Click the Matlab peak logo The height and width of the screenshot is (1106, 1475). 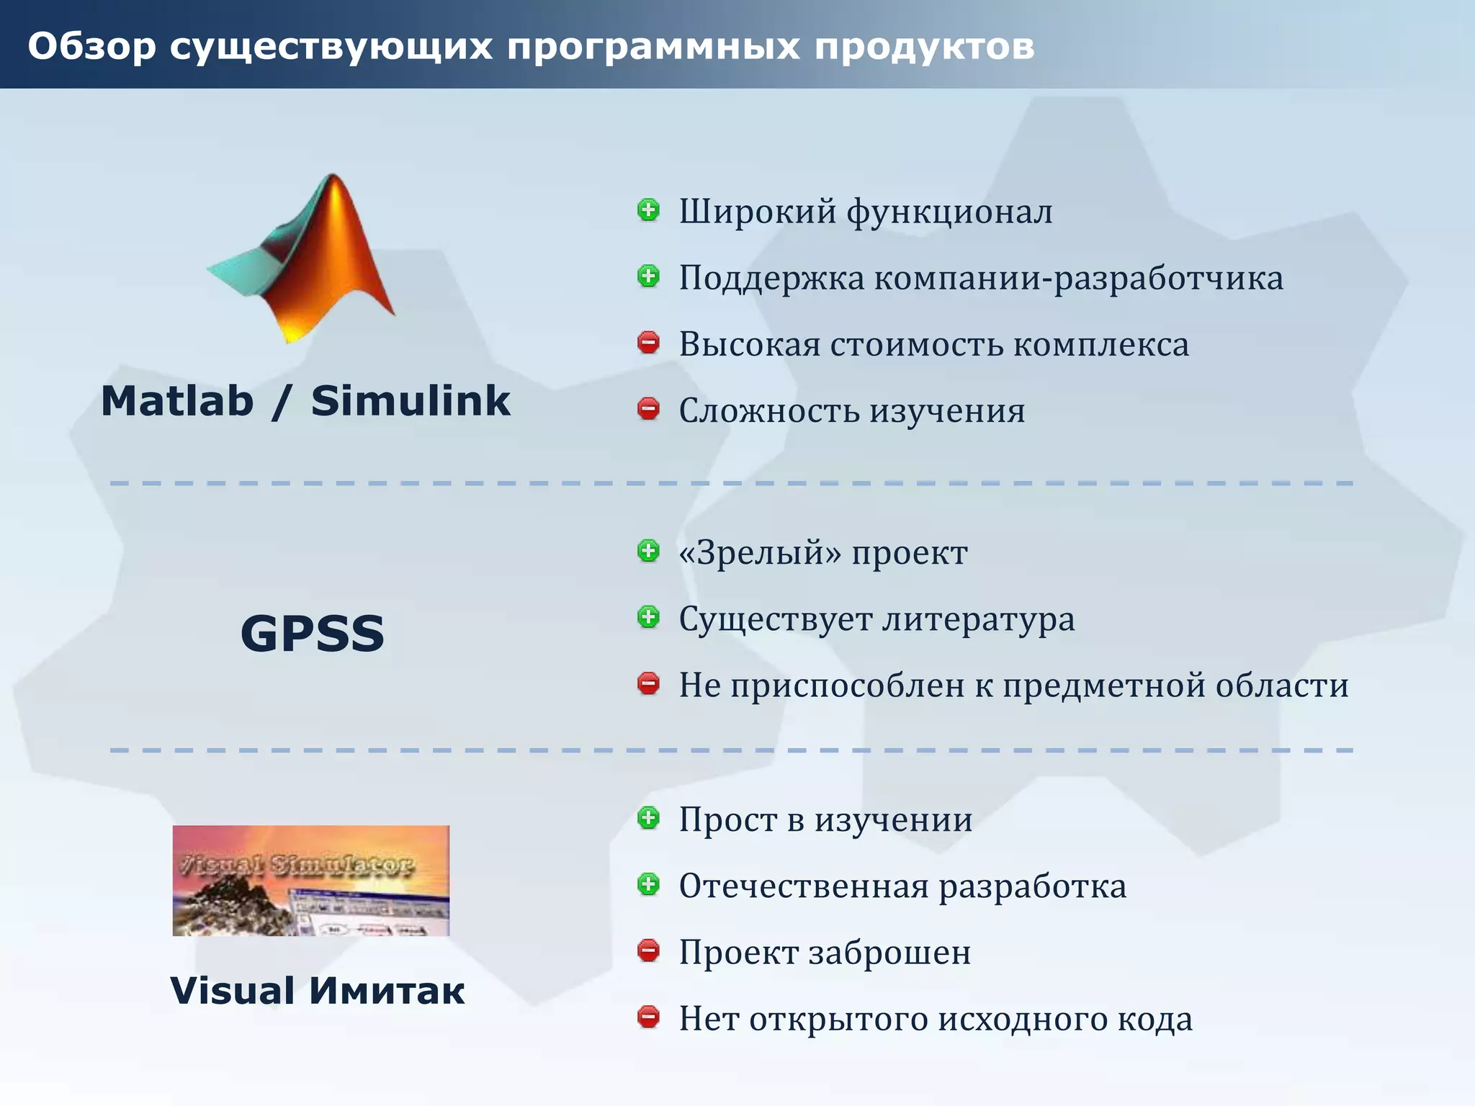tap(306, 259)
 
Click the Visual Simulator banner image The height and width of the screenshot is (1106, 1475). tap(310, 880)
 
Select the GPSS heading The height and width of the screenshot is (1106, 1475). tap(312, 634)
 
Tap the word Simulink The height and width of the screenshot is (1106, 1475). tap(411, 401)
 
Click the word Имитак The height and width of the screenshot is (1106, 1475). tap(387, 991)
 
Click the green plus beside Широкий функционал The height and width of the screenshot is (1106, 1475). tap(648, 210)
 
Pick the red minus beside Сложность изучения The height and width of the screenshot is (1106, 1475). tap(648, 409)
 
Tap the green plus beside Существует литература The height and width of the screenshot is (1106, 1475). tap(648, 617)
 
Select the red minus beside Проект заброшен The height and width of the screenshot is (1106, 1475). tap(648, 950)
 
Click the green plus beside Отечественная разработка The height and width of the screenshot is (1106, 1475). tap(648, 884)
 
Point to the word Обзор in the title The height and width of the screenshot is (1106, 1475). tap(91, 46)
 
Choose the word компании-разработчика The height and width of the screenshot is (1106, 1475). tap(1079, 278)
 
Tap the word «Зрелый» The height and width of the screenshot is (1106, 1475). tap(760, 553)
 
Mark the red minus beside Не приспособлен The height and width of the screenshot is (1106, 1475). tap(648, 683)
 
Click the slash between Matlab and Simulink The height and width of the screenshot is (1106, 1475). tap(282, 401)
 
